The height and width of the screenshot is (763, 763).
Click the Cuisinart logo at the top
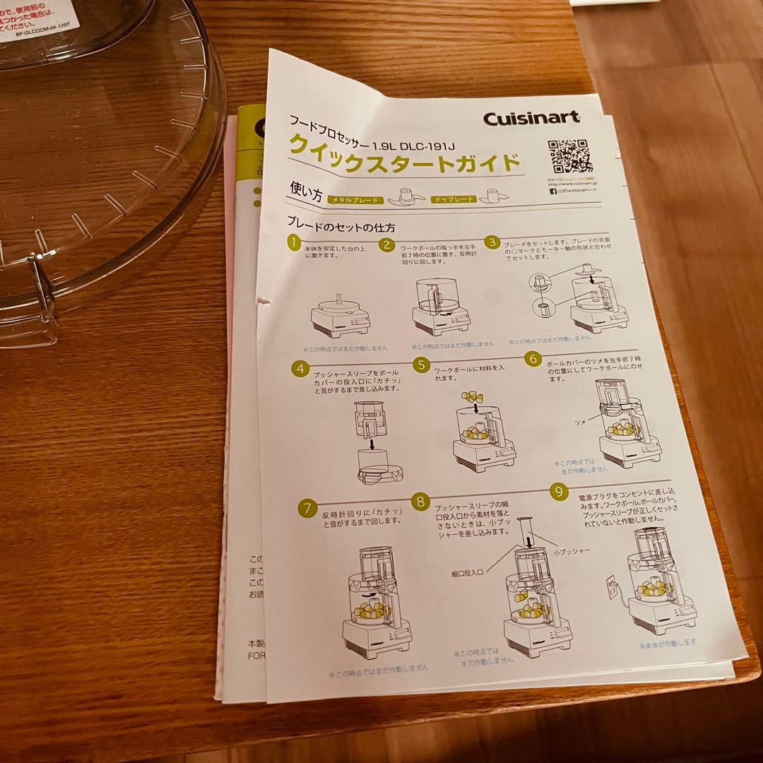click(531, 117)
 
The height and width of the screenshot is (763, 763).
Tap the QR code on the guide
click(569, 156)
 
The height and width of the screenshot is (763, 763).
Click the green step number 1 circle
click(293, 244)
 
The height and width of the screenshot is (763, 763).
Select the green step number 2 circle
click(387, 245)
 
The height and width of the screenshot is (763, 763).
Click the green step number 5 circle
click(421, 365)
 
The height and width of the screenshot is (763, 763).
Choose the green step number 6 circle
click(533, 358)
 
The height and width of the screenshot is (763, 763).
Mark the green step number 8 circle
click(421, 502)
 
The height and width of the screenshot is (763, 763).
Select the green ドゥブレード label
click(454, 199)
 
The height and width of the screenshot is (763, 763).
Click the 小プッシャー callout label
click(572, 550)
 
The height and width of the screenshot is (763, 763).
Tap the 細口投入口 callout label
click(467, 574)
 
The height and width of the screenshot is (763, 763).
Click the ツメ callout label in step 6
click(580, 421)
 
